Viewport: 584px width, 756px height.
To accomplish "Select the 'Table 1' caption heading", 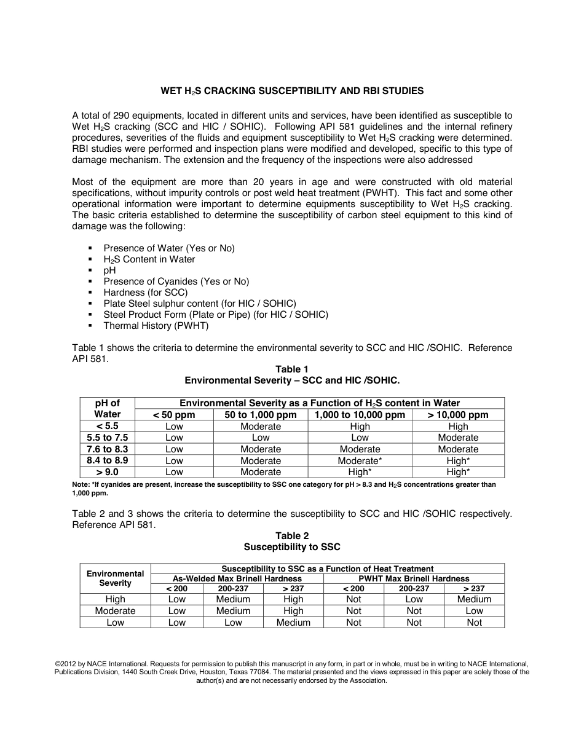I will [x=292, y=369].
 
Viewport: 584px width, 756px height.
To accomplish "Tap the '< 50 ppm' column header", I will [x=174, y=415].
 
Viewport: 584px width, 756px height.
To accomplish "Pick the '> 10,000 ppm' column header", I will [x=458, y=415].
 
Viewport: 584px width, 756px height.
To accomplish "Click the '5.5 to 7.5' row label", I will [x=107, y=438].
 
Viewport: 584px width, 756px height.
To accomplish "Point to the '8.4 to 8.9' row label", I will [x=107, y=460].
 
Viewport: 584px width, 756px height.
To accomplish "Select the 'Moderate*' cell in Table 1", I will [x=360, y=460].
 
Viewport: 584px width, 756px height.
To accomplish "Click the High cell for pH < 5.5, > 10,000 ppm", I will [x=458, y=427].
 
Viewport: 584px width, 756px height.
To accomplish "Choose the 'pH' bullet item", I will [x=109, y=270].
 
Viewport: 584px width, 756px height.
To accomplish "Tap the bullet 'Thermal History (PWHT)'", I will [x=156, y=326].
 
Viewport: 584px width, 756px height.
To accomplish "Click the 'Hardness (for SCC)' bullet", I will [x=145, y=293].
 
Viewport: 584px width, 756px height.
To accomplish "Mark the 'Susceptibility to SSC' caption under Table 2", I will [x=292, y=547].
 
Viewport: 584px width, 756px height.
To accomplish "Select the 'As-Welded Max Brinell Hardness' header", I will [x=237, y=579].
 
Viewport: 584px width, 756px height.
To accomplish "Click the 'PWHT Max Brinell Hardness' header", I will [x=414, y=579].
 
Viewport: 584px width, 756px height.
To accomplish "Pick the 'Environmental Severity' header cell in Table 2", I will [x=115, y=578].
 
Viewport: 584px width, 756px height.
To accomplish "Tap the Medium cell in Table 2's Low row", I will [x=293, y=623].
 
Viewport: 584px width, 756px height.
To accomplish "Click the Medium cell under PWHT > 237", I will [x=474, y=599].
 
